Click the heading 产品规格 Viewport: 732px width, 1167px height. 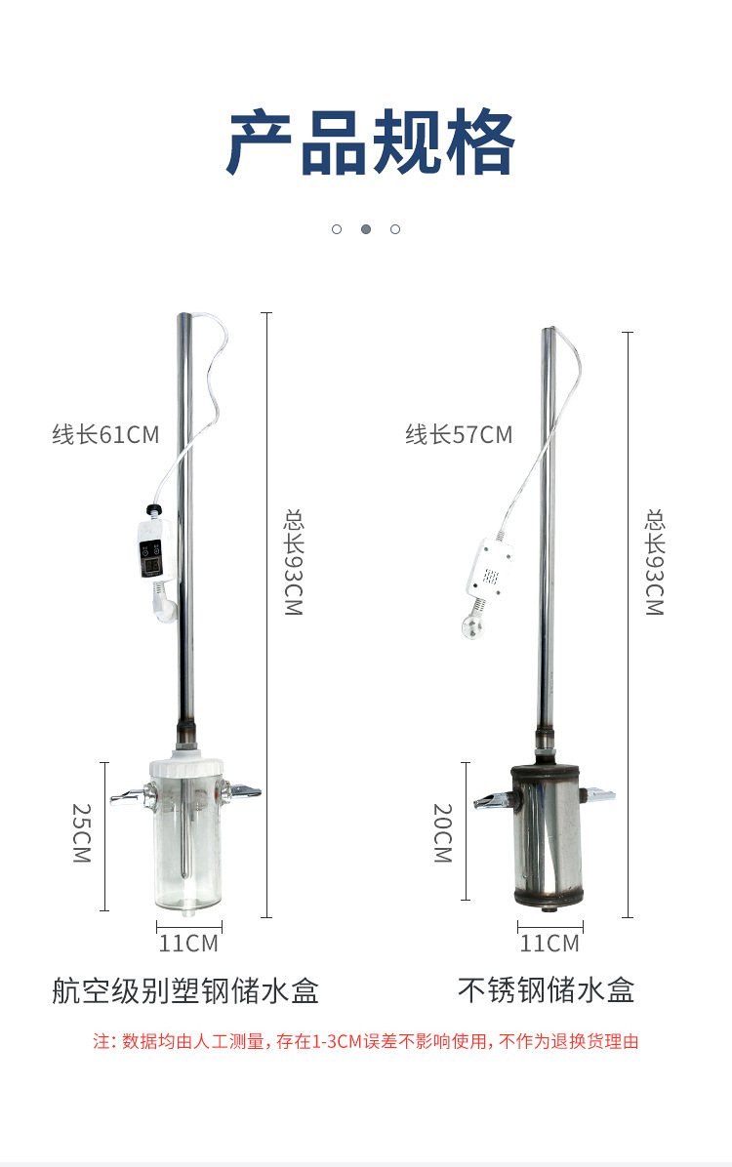pos(370,142)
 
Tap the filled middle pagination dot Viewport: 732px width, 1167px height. pos(366,229)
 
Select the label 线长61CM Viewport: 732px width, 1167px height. pos(105,434)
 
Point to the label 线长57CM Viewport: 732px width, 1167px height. pos(459,434)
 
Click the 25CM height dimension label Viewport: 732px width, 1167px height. pos(82,833)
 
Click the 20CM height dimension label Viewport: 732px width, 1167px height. pos(443,833)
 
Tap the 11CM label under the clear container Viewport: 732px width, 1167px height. pos(188,944)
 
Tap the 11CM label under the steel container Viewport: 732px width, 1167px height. pos(549,944)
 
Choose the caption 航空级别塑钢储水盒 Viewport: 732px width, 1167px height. pos(185,990)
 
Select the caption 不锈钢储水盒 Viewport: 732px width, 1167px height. pos(547,990)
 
